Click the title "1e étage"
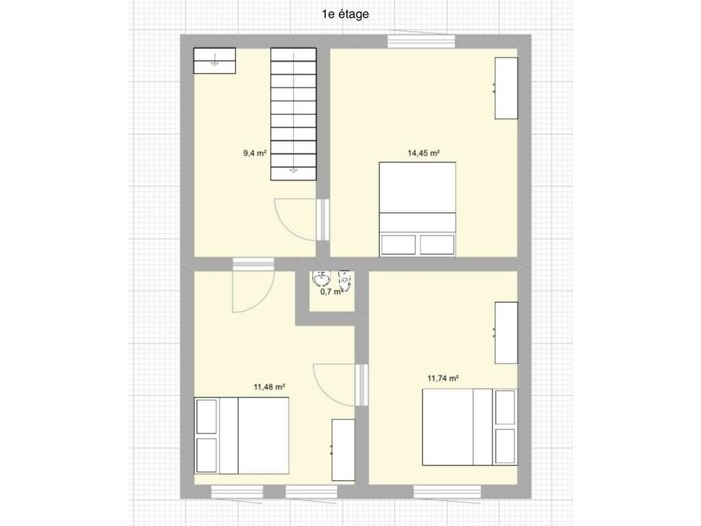[x=345, y=14]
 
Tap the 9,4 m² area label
[x=255, y=153]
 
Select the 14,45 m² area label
[x=423, y=153]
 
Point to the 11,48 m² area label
[x=270, y=387]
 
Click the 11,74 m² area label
[x=443, y=378]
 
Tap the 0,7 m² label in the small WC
[x=331, y=292]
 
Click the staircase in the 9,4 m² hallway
[x=293, y=114]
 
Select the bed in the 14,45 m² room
[x=418, y=210]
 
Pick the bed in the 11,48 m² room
[x=242, y=436]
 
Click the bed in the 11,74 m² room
[x=470, y=427]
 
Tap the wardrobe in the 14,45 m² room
[x=506, y=88]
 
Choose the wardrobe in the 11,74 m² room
[x=506, y=333]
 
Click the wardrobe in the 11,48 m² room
[x=344, y=450]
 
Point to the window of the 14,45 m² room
[x=421, y=41]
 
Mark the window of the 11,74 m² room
[x=447, y=492]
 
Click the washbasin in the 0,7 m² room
[x=322, y=278]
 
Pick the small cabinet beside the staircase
[x=214, y=61]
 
